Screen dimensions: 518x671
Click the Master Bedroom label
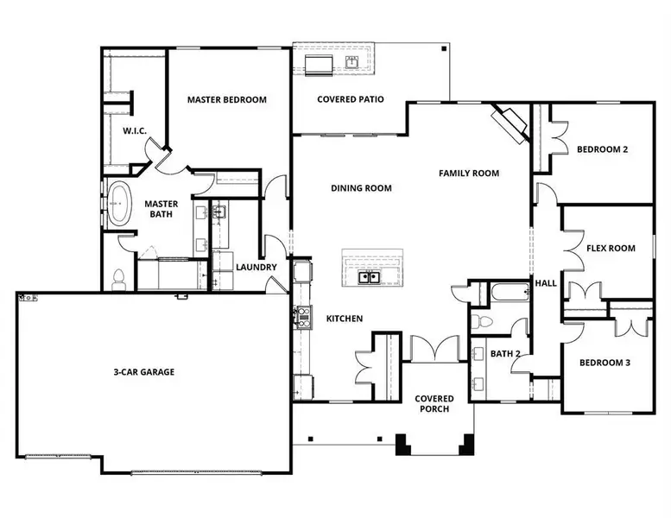(227, 99)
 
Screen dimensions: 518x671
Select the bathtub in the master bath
(117, 205)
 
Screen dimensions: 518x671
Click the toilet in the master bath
(119, 278)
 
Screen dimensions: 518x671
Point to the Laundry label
(256, 267)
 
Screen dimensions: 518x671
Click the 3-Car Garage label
(143, 372)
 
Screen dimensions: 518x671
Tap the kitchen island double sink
(370, 277)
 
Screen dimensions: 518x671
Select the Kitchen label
(344, 319)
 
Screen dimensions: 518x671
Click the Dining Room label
(361, 187)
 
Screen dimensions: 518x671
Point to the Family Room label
(469, 173)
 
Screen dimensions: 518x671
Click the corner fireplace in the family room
(510, 123)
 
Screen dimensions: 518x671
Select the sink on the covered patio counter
(353, 62)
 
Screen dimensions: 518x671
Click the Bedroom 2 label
(602, 148)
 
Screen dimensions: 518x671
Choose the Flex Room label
(611, 248)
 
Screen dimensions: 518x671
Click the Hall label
(547, 282)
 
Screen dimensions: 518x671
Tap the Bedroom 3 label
(604, 363)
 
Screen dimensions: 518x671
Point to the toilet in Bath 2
(484, 322)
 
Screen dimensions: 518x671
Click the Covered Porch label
(434, 403)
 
